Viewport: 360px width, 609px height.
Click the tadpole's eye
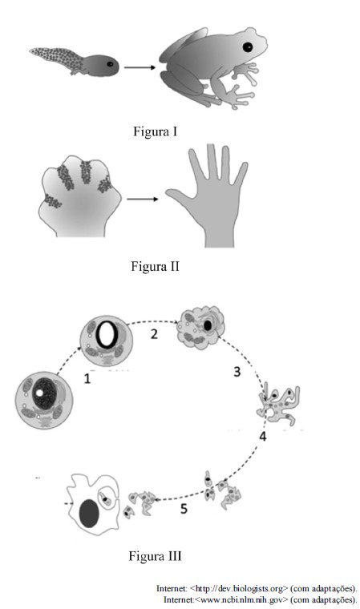110,64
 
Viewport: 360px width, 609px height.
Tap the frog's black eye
248,47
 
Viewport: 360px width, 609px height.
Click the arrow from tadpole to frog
140,67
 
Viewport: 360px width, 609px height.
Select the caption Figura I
155,131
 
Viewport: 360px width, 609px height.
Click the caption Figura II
155,266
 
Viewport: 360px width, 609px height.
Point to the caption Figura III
155,556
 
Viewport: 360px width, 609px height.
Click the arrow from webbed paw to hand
143,200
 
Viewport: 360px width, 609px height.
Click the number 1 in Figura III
87,379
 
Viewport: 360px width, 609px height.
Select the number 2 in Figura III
154,334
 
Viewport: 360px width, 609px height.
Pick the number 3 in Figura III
237,372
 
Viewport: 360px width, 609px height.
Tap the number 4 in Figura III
263,437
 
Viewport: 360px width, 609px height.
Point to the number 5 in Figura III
184,508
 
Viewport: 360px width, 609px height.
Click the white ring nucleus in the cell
106,335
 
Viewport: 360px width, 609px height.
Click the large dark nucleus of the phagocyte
89,514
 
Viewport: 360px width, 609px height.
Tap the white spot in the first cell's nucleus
39,393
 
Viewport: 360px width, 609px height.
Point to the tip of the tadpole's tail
30,50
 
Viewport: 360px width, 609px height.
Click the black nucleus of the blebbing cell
208,325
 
